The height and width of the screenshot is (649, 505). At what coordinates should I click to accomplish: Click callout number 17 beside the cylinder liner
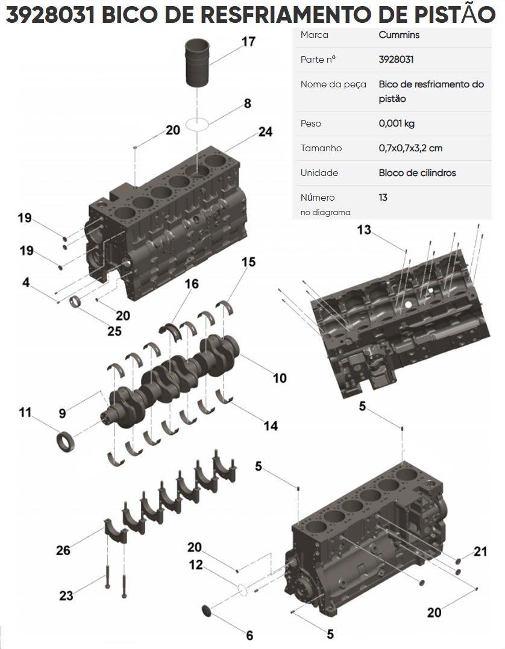(x=248, y=42)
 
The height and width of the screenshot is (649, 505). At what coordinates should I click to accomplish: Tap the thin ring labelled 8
(x=197, y=124)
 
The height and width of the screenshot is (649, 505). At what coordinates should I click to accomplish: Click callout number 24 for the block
(x=266, y=131)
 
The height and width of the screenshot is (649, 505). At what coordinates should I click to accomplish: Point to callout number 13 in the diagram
(x=364, y=230)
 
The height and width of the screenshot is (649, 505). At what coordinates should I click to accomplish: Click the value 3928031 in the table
(x=396, y=60)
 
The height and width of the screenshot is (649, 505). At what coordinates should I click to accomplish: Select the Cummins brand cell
(x=399, y=35)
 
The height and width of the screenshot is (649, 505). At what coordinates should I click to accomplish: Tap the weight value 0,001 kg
(x=397, y=124)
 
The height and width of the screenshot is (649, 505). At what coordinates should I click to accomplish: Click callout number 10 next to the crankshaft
(x=280, y=378)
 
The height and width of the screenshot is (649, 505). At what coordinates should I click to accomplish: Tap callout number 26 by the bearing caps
(x=63, y=550)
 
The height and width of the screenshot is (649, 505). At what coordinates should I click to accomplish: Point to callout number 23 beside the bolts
(x=66, y=595)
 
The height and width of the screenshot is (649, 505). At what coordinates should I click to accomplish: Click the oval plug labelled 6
(x=207, y=610)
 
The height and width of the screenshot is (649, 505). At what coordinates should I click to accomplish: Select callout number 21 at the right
(x=480, y=551)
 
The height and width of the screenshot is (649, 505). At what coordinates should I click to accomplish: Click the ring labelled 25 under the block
(x=77, y=301)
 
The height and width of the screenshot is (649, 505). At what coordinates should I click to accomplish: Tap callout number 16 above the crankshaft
(x=192, y=284)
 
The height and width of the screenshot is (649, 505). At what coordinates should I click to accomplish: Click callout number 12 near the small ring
(x=196, y=565)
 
